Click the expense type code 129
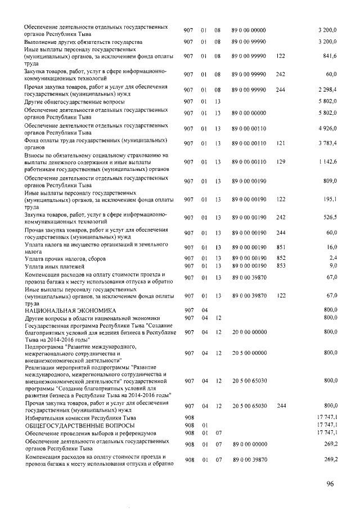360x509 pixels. pyautogui.click(x=281, y=162)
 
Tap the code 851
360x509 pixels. pyautogui.click(x=281, y=247)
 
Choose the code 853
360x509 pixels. pyautogui.click(x=281, y=265)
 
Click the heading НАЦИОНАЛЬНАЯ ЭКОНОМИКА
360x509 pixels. pyautogui.click(x=70, y=310)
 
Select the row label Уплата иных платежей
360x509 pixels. pyautogui.click(x=54, y=265)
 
